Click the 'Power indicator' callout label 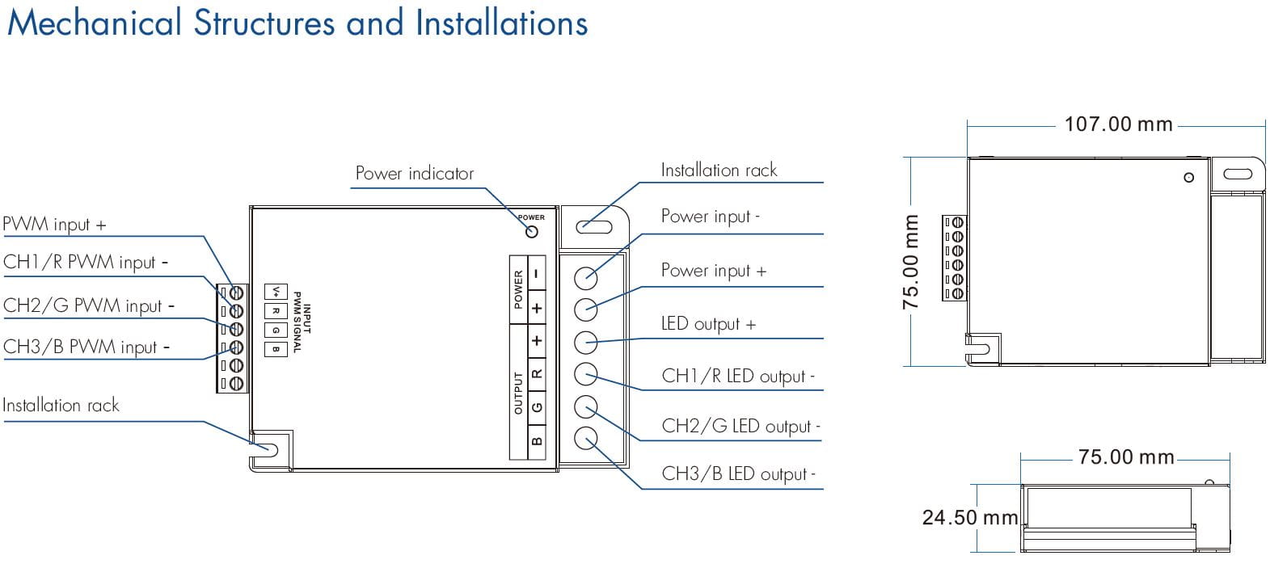(x=414, y=174)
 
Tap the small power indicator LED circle (x=531, y=232)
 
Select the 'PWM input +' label (x=54, y=225)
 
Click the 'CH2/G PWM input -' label (x=88, y=306)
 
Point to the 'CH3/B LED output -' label (x=738, y=474)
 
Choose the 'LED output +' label (x=708, y=324)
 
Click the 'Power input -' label (x=710, y=217)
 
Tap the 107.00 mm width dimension (x=1118, y=124)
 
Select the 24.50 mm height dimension (x=969, y=517)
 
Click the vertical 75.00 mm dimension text (x=911, y=262)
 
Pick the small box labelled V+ (x=276, y=292)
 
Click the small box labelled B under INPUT (x=276, y=349)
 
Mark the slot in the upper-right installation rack (x=594, y=225)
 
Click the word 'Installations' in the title (x=501, y=23)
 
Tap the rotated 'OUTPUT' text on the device (x=518, y=394)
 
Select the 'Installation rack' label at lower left (x=61, y=406)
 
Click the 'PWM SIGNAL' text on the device (x=296, y=322)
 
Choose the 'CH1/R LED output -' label (x=738, y=377)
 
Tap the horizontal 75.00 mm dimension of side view (x=1125, y=457)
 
